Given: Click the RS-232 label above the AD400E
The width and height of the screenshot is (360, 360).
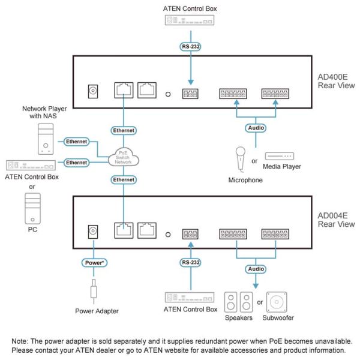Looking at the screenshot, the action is [190, 47].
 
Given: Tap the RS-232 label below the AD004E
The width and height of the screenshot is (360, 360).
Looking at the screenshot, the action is [190, 262].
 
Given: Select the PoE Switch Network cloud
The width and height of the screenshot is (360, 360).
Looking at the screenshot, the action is [124, 157].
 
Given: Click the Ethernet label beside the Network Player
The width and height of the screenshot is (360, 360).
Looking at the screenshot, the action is [76, 142].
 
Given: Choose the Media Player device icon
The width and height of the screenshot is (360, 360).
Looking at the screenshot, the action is [280, 156].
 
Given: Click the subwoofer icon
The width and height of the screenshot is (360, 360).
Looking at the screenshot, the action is [277, 302].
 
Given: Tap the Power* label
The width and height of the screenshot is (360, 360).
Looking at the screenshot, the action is [94, 263].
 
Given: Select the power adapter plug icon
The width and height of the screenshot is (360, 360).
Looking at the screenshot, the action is [94, 291].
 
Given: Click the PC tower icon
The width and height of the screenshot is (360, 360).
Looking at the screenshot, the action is [32, 208].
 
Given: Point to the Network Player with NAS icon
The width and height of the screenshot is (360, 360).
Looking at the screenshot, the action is [46, 139].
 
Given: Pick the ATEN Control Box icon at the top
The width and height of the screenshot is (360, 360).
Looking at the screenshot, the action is [190, 20].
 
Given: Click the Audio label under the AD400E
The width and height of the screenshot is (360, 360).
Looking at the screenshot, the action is [256, 128].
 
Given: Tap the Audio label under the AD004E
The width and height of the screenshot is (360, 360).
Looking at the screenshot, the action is [256, 269].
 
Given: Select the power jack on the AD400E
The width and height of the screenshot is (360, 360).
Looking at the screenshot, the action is [93, 91].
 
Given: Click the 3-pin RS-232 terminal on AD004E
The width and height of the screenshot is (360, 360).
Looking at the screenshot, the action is [190, 234].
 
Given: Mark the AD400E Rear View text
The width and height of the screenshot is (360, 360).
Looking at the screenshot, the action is [336, 81].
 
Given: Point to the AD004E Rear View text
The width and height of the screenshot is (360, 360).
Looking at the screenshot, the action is [336, 220].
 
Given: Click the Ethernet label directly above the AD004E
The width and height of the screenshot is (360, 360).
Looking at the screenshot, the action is [124, 179].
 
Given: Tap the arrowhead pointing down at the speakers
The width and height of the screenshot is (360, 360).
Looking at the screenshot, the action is [256, 286].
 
